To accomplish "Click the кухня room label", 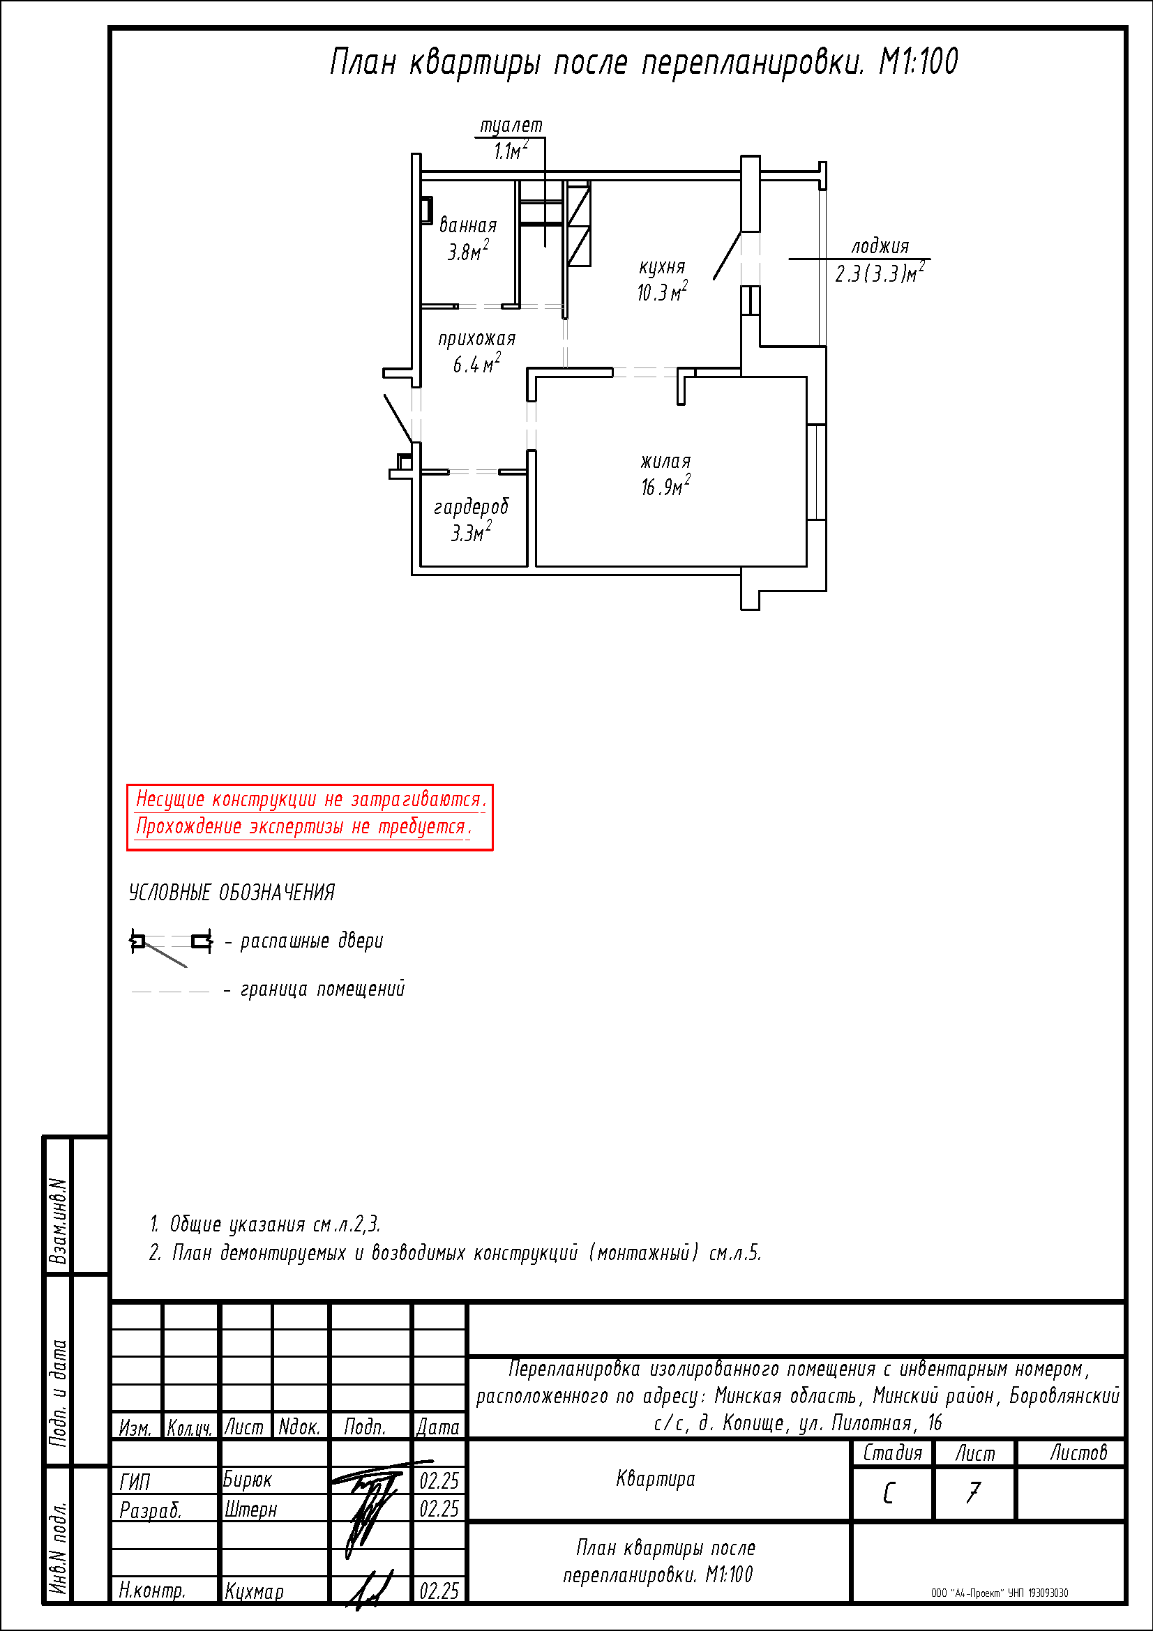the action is pyautogui.click(x=661, y=267).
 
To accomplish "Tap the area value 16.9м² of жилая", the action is pyautogui.click(x=665, y=487).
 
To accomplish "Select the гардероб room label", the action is pyautogui.click(x=471, y=507).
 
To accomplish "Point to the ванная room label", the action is pyautogui.click(x=467, y=225).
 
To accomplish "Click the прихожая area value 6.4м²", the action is pyautogui.click(x=476, y=364).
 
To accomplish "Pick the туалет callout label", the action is pyautogui.click(x=511, y=126).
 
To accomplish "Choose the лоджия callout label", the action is pyautogui.click(x=880, y=246).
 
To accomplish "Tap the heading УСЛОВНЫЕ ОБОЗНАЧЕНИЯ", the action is pyautogui.click(x=232, y=893).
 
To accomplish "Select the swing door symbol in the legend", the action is pyautogui.click(x=170, y=946).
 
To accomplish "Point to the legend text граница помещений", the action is pyautogui.click(x=322, y=989).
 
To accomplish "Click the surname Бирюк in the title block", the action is pyautogui.click(x=247, y=1480).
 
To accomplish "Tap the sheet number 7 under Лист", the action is pyautogui.click(x=973, y=1492).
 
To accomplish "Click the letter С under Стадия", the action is pyautogui.click(x=889, y=1493).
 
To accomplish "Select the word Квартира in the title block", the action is pyautogui.click(x=656, y=1479).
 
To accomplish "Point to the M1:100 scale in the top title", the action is pyautogui.click(x=919, y=61).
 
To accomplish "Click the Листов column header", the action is pyautogui.click(x=1078, y=1452).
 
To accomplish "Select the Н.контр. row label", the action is pyautogui.click(x=152, y=1591).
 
